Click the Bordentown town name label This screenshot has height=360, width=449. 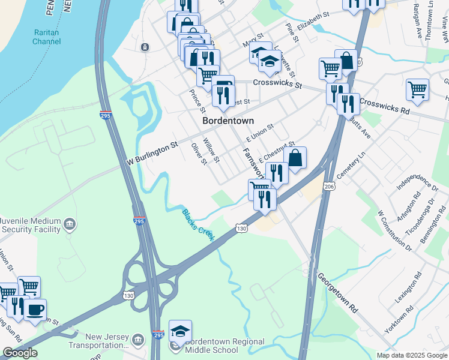[228, 120]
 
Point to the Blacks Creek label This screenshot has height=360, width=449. [199, 224]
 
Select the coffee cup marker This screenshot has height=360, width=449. [35, 310]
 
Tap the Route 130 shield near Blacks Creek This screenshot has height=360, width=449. [241, 229]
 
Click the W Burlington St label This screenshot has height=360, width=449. [152, 153]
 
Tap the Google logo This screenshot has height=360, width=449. [20, 353]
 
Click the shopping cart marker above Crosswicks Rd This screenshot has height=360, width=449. [417, 89]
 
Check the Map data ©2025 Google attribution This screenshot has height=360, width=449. [411, 355]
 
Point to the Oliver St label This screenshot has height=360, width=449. [198, 154]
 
